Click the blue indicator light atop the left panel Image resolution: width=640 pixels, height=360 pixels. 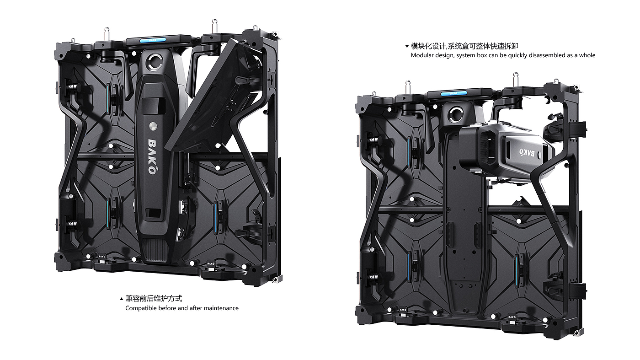(x=153, y=40)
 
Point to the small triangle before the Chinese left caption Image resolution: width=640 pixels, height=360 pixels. (x=121, y=299)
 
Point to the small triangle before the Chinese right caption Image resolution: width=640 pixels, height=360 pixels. (x=407, y=46)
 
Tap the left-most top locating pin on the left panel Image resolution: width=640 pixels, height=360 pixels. (x=106, y=32)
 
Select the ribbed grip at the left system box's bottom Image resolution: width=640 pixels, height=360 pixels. (x=155, y=251)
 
